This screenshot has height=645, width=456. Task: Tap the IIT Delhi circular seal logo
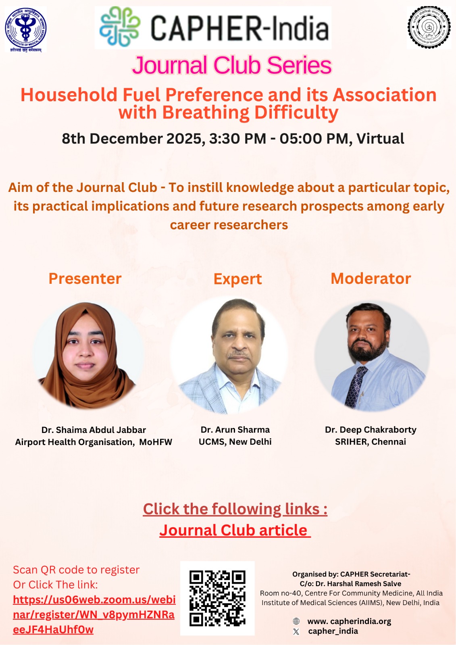(429, 27)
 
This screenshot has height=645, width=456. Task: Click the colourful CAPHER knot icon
(120, 27)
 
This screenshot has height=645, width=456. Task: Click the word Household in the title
(69, 95)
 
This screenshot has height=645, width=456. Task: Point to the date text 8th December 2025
(131, 139)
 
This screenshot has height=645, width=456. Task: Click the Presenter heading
(85, 279)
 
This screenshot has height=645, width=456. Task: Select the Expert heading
(237, 279)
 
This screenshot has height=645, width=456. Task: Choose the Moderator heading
(371, 279)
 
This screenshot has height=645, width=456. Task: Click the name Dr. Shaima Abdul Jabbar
(94, 430)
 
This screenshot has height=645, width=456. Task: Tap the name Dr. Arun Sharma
(235, 430)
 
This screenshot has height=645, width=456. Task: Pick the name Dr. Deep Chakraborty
(371, 430)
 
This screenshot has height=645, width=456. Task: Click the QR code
(217, 598)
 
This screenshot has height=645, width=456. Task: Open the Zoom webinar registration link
(94, 614)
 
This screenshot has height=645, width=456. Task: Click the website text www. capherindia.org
(349, 621)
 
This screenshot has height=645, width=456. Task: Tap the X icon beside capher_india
(296, 632)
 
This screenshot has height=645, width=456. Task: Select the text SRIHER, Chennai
(371, 442)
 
